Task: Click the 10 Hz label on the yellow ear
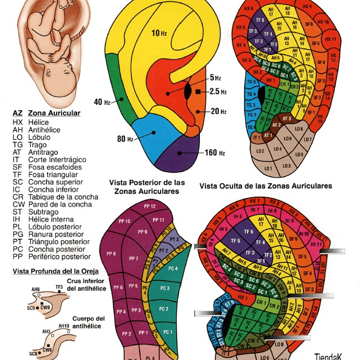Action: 159,33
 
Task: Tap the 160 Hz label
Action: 215,153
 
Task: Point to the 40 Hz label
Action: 102,102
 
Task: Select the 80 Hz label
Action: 125,139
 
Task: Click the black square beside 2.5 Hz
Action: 199,92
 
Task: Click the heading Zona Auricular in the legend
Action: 54,113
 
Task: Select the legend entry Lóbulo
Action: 39,137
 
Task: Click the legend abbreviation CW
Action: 18,205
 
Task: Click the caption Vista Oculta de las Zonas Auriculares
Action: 265,186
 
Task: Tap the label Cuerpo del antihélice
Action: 89,322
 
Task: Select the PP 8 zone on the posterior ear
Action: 111,254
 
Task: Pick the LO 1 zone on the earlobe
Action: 268,168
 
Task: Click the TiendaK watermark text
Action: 328,356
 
